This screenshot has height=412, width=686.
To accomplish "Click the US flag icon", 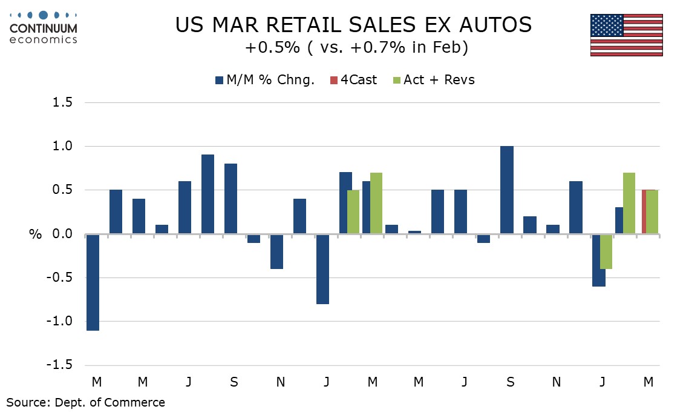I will click(x=626, y=35).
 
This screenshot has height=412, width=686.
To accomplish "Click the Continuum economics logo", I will click(x=44, y=27).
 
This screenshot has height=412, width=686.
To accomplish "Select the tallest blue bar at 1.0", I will click(x=507, y=190).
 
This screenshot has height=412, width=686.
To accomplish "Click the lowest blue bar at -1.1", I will click(x=93, y=282).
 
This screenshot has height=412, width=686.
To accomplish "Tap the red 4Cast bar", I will click(x=644, y=211).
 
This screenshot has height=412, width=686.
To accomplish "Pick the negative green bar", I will click(x=606, y=251).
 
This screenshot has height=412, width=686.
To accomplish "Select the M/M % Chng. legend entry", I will click(x=266, y=80).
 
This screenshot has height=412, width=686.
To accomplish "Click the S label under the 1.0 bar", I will click(x=511, y=382).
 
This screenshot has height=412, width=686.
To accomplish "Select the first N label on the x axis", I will click(x=281, y=382).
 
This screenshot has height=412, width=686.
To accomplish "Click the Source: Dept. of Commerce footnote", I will click(x=85, y=402).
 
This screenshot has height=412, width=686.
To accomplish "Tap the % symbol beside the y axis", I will click(x=35, y=234).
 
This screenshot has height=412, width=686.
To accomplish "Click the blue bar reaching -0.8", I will click(x=322, y=268).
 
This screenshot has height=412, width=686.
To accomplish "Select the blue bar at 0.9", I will click(x=207, y=194).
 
